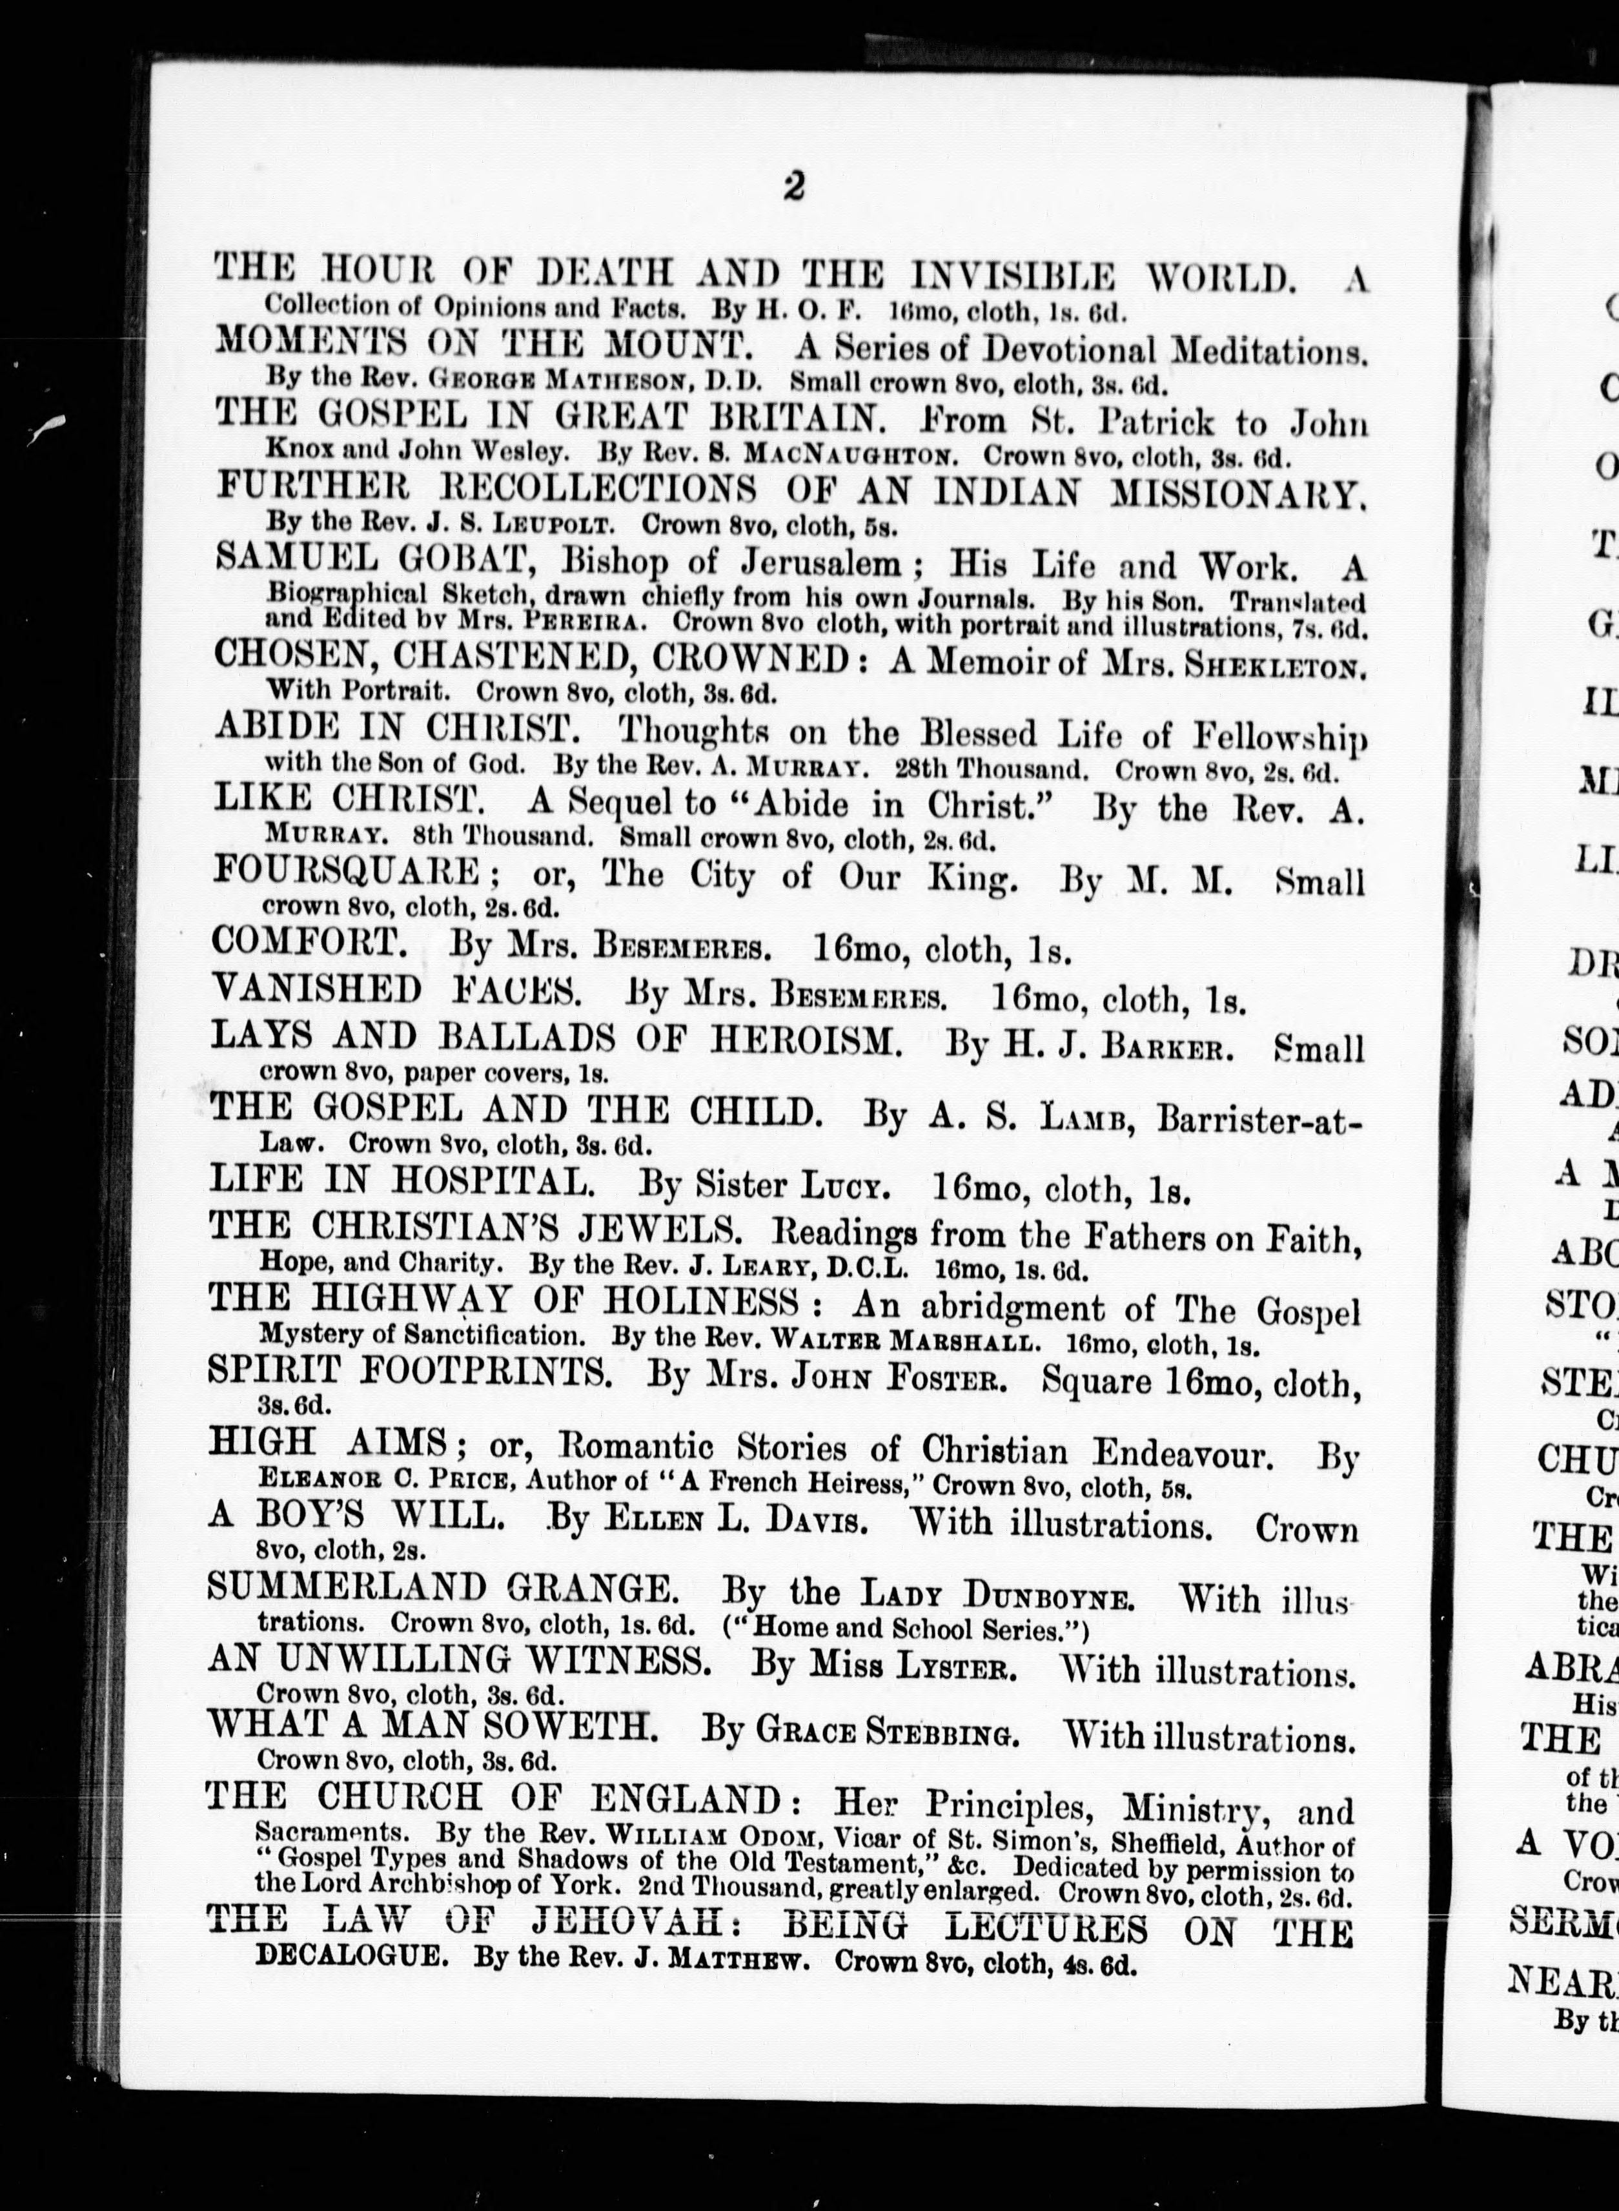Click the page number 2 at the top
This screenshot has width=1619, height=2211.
(x=794, y=186)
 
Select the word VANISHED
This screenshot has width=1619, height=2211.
(x=316, y=991)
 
